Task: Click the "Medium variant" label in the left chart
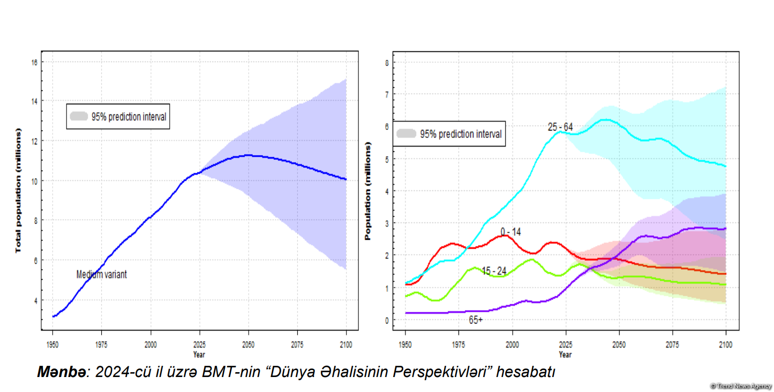[101, 274]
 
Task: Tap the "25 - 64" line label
[560, 127]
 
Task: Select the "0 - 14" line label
[510, 232]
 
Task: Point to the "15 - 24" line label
[493, 271]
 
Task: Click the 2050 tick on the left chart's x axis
[249, 345]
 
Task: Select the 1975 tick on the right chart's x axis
[459, 345]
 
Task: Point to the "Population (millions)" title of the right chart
[368, 190]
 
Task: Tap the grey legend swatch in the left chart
[79, 117]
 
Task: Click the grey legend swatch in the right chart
[407, 134]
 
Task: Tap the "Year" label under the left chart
[199, 354]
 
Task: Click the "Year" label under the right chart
[565, 354]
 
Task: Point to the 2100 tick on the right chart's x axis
[726, 345]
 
